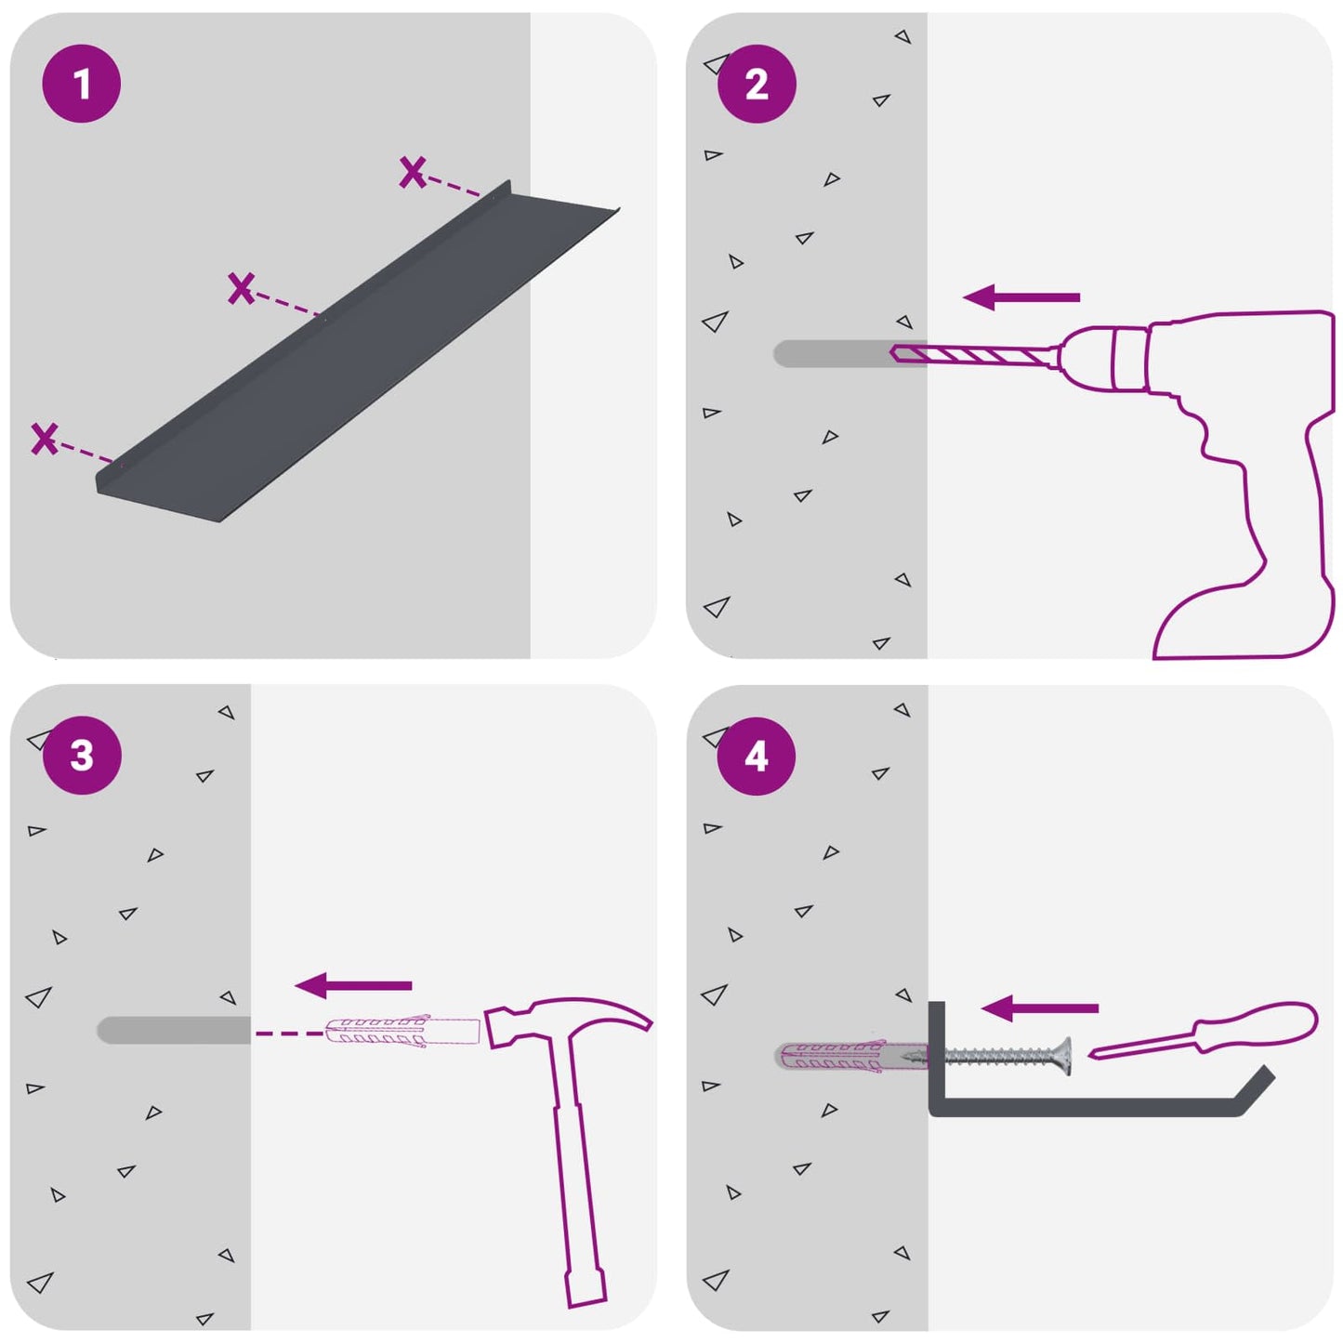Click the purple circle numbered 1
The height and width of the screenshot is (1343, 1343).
point(82,84)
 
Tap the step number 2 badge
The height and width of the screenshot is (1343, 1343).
point(757,84)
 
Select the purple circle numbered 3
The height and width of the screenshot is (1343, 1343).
point(82,756)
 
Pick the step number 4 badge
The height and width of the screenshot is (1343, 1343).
point(757,757)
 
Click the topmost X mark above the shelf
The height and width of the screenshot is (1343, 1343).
point(413,172)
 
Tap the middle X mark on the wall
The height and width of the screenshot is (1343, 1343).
point(241,288)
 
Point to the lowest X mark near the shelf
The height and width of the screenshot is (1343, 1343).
point(45,439)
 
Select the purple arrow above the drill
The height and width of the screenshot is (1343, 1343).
point(1021,297)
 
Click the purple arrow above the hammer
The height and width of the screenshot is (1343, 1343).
point(353,985)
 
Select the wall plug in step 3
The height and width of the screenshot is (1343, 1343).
point(402,1033)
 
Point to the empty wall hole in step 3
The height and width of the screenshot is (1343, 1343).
point(174,1030)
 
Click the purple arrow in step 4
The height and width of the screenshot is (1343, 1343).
point(1040,1008)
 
